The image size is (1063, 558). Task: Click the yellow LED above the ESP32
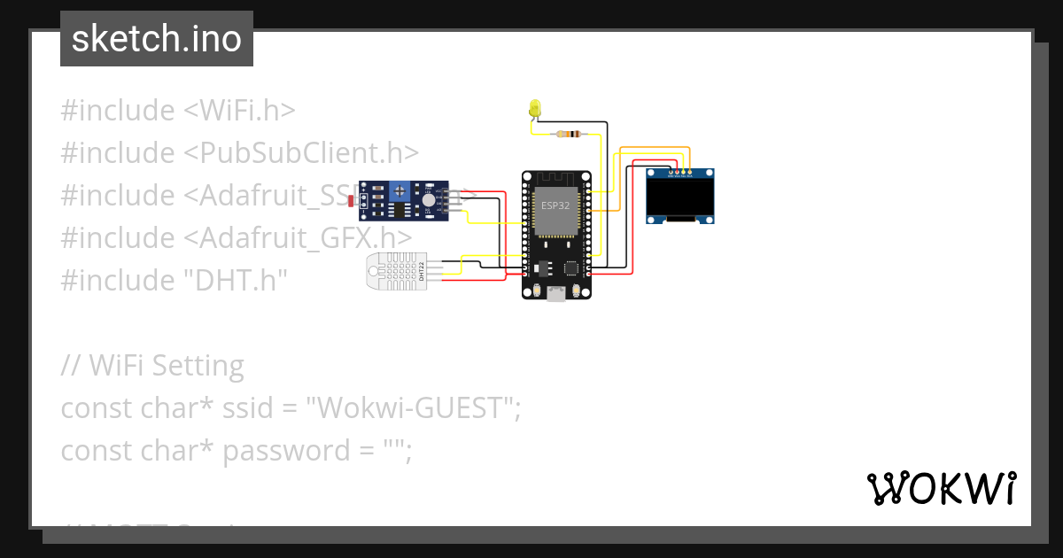tap(534, 108)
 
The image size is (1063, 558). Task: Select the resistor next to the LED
tap(567, 135)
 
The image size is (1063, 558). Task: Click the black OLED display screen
tap(679, 196)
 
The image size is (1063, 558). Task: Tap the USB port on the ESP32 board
tap(556, 294)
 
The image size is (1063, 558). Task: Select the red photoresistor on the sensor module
tap(353, 202)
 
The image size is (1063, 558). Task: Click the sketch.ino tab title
tap(157, 40)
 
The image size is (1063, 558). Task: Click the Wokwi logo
tap(942, 488)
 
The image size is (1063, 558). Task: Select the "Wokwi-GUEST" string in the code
tap(411, 408)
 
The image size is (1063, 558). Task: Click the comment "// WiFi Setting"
tap(152, 366)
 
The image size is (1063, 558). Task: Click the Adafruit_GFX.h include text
tap(298, 238)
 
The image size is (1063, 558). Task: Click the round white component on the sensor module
tap(429, 201)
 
